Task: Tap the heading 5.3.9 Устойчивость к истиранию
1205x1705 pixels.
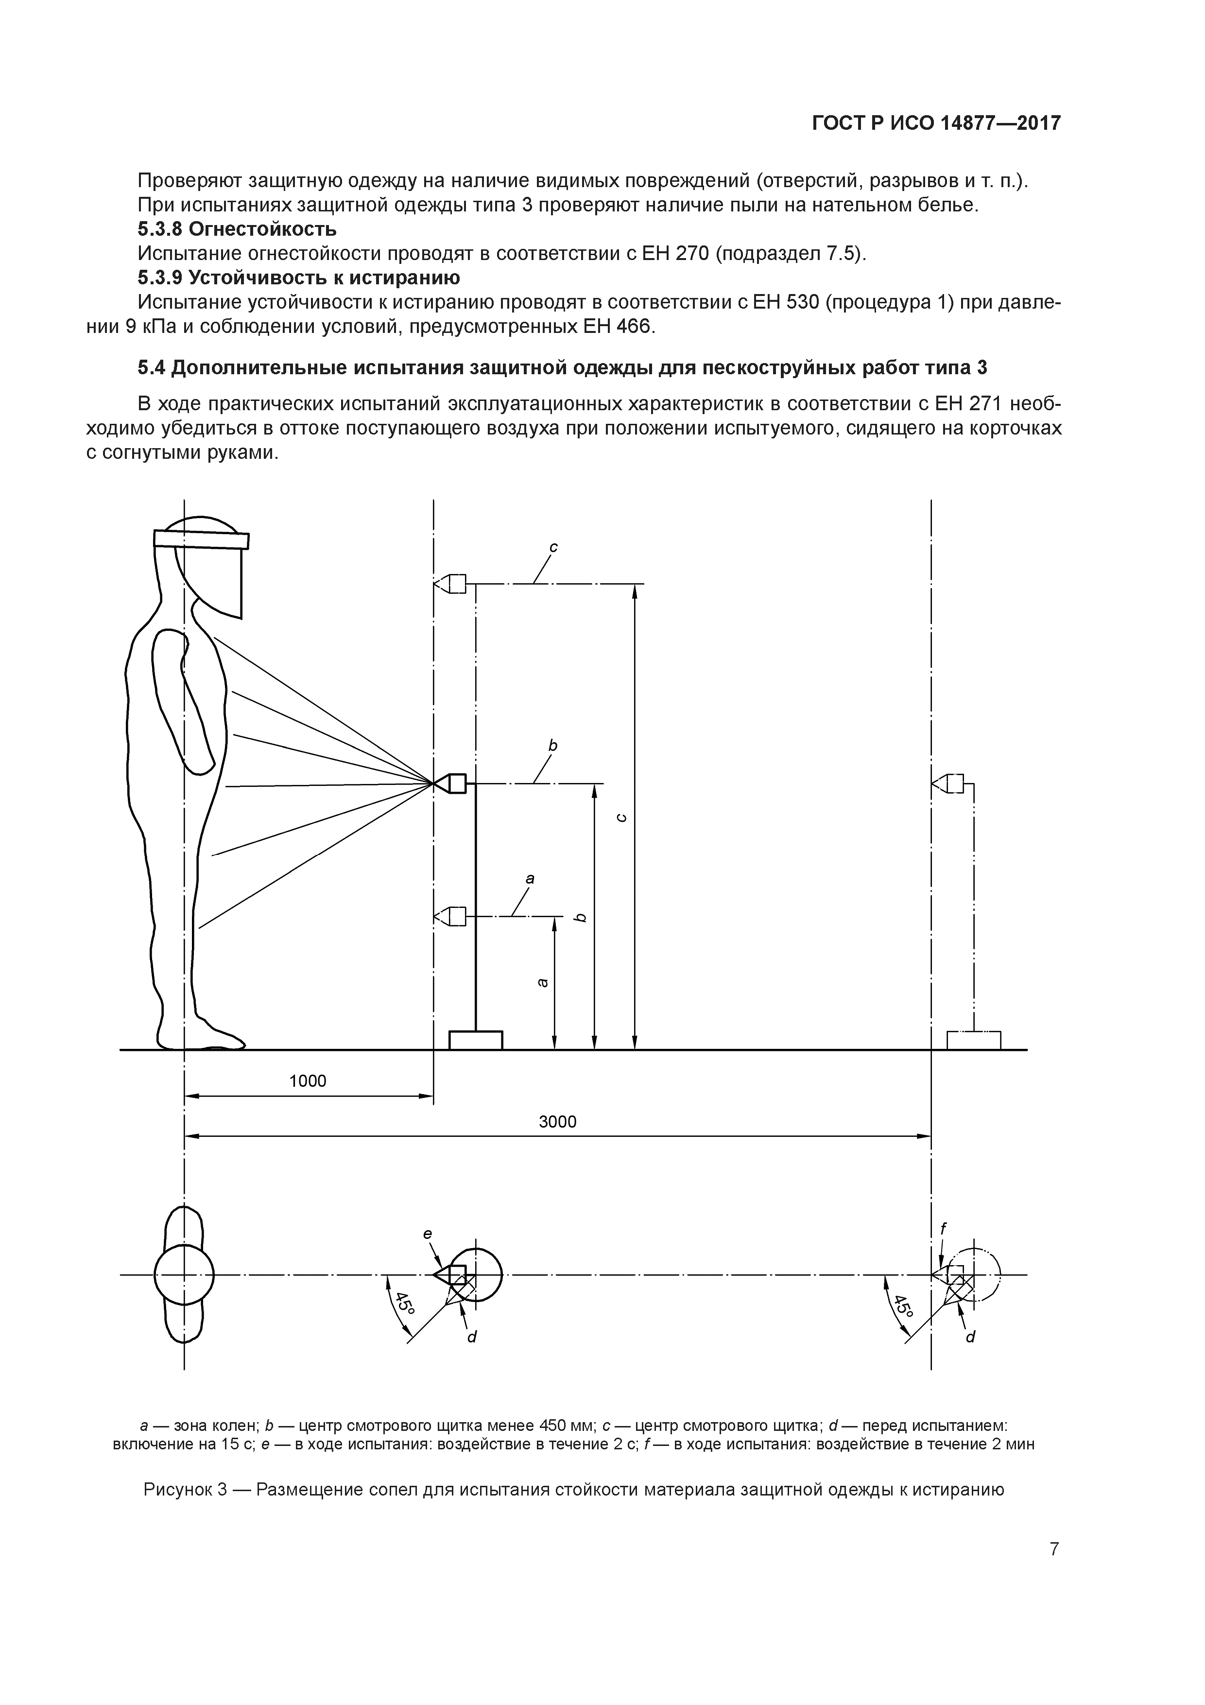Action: pos(298,278)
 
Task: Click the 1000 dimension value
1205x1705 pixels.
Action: pos(308,1080)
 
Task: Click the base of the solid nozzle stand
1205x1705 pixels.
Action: pos(476,1040)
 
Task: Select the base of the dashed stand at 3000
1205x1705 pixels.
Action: pos(973,1040)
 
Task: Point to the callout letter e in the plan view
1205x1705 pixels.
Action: pos(428,1234)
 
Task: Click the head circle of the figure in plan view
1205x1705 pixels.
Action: pos(184,1276)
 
